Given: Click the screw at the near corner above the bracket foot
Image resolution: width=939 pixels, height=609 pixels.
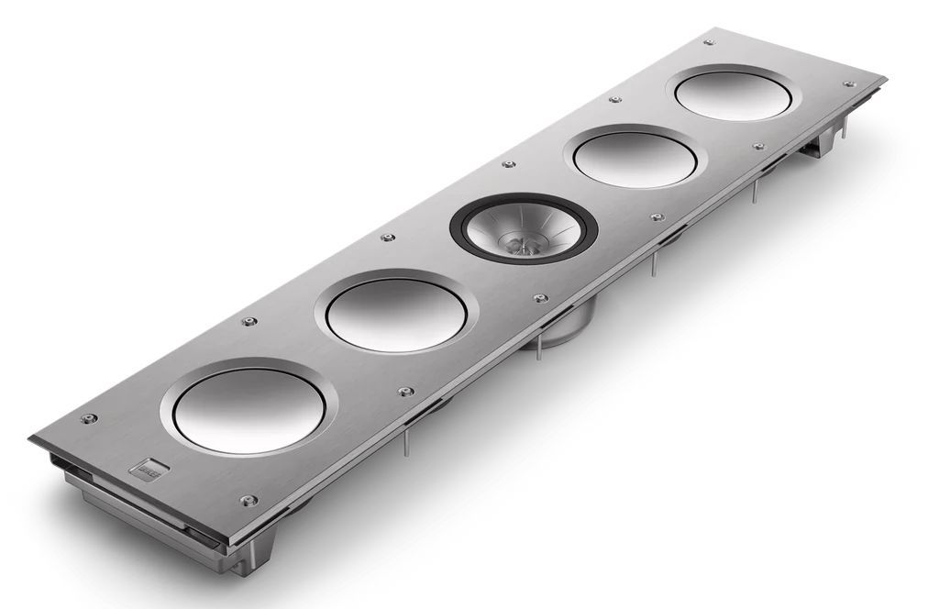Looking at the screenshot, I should (x=244, y=500).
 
